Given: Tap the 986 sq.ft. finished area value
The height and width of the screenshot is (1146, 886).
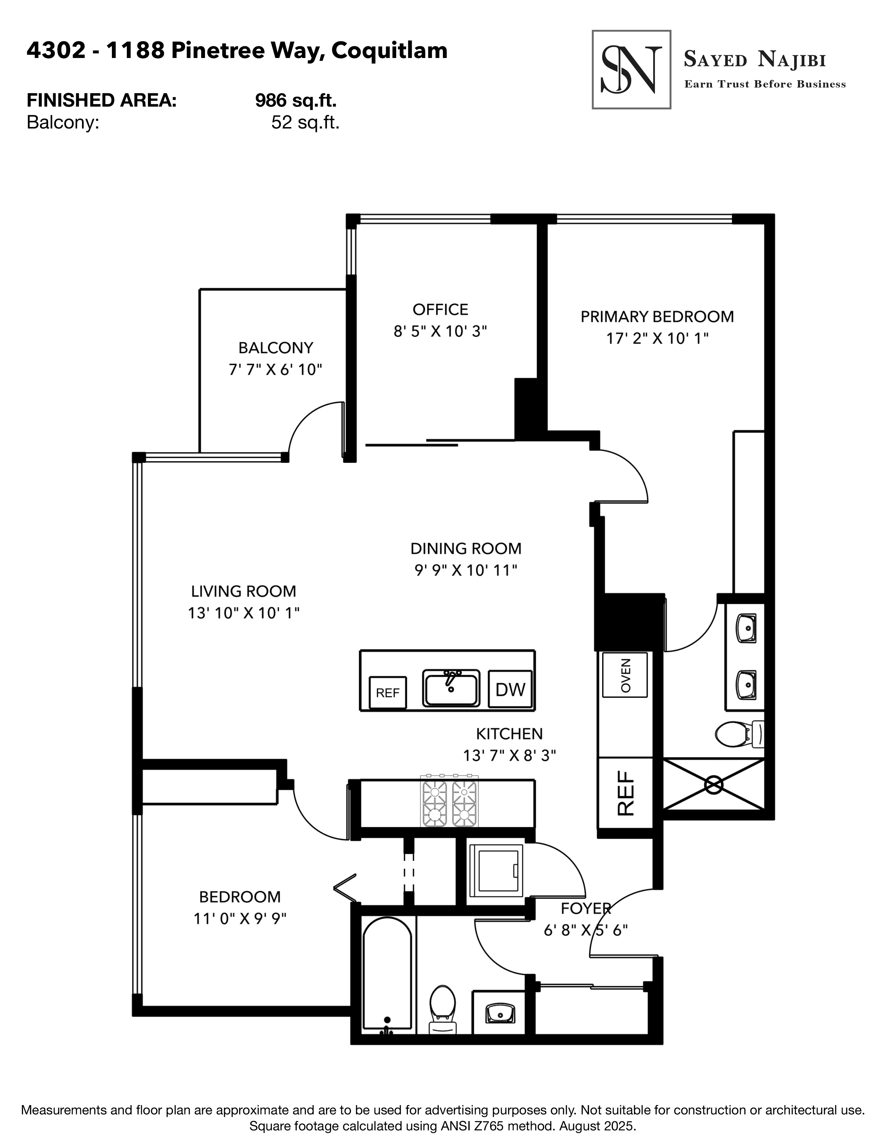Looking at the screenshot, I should click(x=296, y=100).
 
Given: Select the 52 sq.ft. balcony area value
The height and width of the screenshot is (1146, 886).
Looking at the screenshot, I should click(x=305, y=123).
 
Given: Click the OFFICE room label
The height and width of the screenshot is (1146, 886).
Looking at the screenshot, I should click(x=440, y=309).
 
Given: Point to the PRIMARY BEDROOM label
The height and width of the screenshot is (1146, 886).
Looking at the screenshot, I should click(x=657, y=317).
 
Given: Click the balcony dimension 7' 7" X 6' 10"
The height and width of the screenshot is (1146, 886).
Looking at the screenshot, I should click(x=275, y=370).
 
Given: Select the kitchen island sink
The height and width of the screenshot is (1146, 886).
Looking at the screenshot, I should click(x=450, y=688).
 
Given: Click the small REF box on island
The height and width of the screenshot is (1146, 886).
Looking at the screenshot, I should click(x=388, y=693).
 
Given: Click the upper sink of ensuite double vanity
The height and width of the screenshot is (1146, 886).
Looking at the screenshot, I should click(x=746, y=629).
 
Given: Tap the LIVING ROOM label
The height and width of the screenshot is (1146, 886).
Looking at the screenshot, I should click(x=244, y=591).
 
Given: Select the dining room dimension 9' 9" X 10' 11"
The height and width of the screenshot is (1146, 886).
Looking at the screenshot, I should click(x=466, y=570).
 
